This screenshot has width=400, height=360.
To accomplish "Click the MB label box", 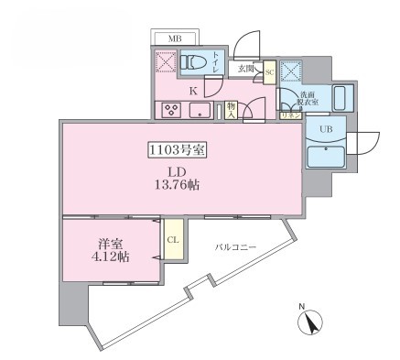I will click(x=174, y=39).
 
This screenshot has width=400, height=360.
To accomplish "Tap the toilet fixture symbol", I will click(x=193, y=63).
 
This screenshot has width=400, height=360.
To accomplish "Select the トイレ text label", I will click(x=215, y=63).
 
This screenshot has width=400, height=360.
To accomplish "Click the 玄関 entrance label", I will click(x=246, y=69).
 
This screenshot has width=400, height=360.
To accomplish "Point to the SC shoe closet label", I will click(x=270, y=71).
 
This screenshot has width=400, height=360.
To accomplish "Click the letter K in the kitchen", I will click(x=193, y=91).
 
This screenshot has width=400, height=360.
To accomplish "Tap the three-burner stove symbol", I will click(x=171, y=111).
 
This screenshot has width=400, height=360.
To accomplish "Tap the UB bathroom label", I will click(x=325, y=129).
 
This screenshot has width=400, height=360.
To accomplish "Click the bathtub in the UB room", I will click(x=325, y=152).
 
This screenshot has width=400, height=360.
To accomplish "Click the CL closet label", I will click(x=172, y=241).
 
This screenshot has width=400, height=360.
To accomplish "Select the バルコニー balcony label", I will click(x=235, y=248).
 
